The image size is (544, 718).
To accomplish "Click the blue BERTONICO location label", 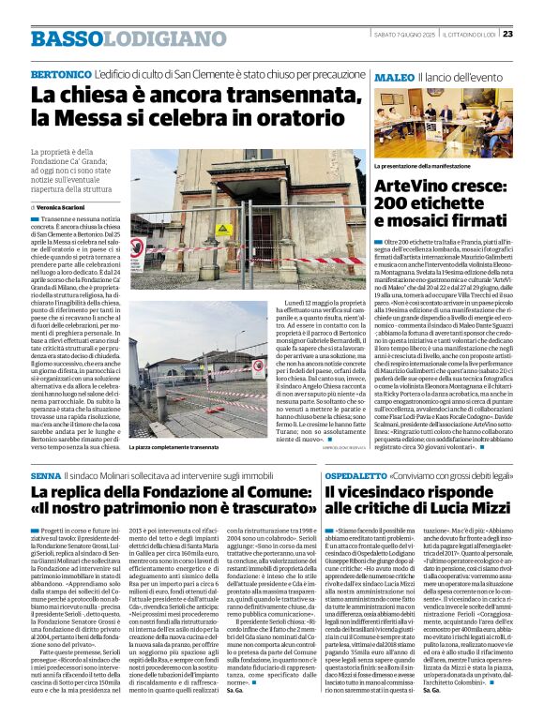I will pos(59,73).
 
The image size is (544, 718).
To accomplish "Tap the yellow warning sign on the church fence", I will pos(222,228).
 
